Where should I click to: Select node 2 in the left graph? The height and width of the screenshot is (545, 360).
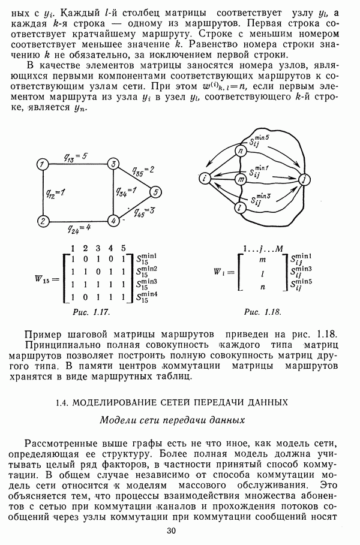pyautogui.click(x=42, y=221)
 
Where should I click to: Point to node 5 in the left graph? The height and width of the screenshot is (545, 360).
pyautogui.click(x=155, y=192)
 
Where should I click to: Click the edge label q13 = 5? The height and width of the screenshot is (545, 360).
pyautogui.click(x=76, y=157)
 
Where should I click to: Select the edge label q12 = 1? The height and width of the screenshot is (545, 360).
pyautogui.click(x=55, y=192)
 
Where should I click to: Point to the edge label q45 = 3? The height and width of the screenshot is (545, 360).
pyautogui.click(x=144, y=211)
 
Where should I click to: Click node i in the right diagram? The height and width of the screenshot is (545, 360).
pyautogui.click(x=205, y=178)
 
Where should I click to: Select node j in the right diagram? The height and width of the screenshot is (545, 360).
pyautogui.click(x=304, y=179)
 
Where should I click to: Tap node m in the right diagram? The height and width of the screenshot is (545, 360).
pyautogui.click(x=241, y=179)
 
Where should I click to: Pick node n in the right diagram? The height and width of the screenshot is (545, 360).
pyautogui.click(x=241, y=150)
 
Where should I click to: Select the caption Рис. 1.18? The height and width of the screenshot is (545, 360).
pyautogui.click(x=262, y=312)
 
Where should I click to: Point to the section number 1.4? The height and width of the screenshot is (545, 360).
pyautogui.click(x=56, y=402)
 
